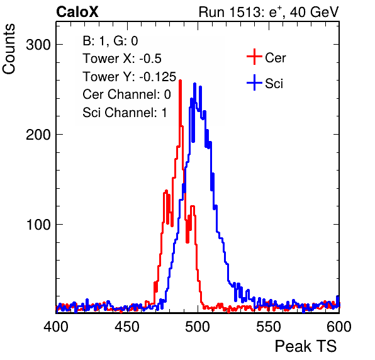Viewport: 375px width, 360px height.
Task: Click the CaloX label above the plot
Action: click(77, 12)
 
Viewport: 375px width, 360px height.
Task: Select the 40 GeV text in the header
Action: click(314, 12)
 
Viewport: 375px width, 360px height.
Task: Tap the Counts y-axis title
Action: click(9, 49)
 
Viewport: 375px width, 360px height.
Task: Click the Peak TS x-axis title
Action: click(306, 346)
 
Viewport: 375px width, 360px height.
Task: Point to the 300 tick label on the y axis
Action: click(38, 45)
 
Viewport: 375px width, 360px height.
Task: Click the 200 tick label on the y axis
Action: click(38, 135)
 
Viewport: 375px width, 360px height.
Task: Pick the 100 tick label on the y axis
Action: click(38, 225)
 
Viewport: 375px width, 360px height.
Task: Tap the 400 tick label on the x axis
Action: click(56, 327)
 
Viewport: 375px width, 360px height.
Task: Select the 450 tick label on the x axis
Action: click(127, 327)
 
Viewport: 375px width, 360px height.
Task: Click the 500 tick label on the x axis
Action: click(198, 327)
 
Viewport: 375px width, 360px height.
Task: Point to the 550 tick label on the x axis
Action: click(269, 327)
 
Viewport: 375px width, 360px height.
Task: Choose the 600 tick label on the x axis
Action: click(339, 327)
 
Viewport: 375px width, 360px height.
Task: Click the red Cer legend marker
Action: click(254, 57)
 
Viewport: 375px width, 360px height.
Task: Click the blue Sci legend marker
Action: click(254, 82)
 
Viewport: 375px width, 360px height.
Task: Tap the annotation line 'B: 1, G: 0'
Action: click(110, 41)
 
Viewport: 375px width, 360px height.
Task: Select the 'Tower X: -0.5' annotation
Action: click(122, 59)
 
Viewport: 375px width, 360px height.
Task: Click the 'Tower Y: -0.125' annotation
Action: click(130, 77)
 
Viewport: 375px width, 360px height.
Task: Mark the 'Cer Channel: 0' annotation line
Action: click(126, 94)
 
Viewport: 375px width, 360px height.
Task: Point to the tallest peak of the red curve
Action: click(181, 81)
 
